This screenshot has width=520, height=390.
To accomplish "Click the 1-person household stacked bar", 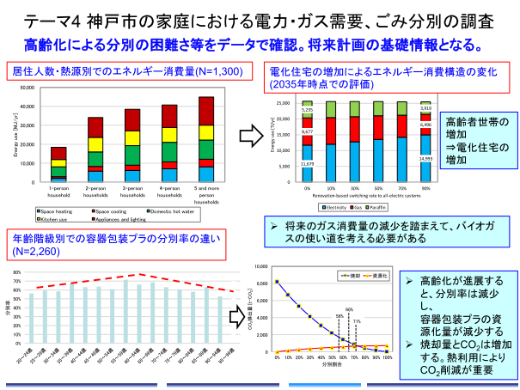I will click(58, 164).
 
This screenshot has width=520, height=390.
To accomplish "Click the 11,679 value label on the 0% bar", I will click(308, 163).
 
